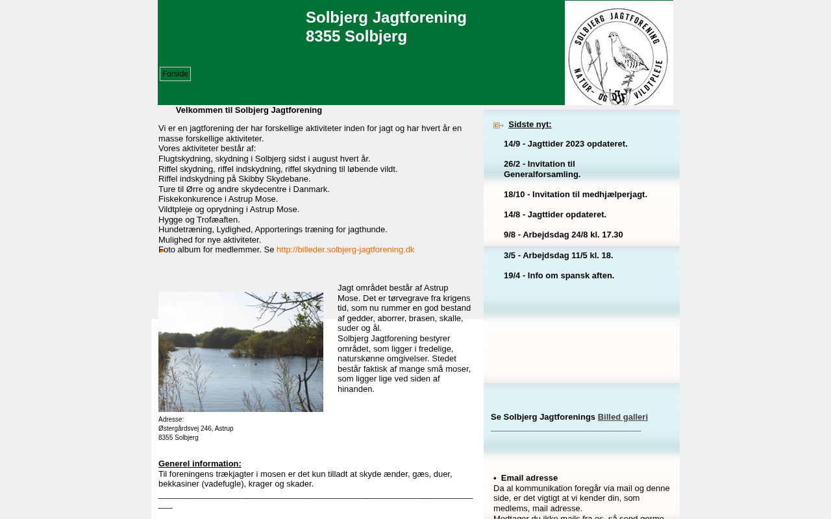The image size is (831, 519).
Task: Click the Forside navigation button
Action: (175, 74)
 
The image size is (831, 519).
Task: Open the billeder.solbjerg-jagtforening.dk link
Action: (345, 250)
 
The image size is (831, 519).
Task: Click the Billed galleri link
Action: (623, 417)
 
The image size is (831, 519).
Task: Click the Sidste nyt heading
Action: (530, 125)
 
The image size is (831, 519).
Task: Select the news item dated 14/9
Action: (565, 144)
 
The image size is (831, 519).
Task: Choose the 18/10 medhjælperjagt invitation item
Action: (575, 195)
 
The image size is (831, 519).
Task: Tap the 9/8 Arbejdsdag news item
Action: (563, 235)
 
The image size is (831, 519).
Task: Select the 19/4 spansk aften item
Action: (559, 276)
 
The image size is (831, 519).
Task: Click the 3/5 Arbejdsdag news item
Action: (558, 256)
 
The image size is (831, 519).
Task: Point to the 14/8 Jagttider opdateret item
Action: (555, 215)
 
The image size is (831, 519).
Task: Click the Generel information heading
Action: (200, 464)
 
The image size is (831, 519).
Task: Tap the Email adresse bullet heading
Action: (529, 478)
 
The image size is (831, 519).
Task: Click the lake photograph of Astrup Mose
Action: (241, 352)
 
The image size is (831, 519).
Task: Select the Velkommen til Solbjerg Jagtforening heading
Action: (249, 110)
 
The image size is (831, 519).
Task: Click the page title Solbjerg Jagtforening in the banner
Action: (386, 18)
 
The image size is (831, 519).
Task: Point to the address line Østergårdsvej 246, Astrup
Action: (196, 429)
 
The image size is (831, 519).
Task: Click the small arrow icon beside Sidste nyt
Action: (499, 125)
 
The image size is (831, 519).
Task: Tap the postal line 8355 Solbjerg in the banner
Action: (356, 36)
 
